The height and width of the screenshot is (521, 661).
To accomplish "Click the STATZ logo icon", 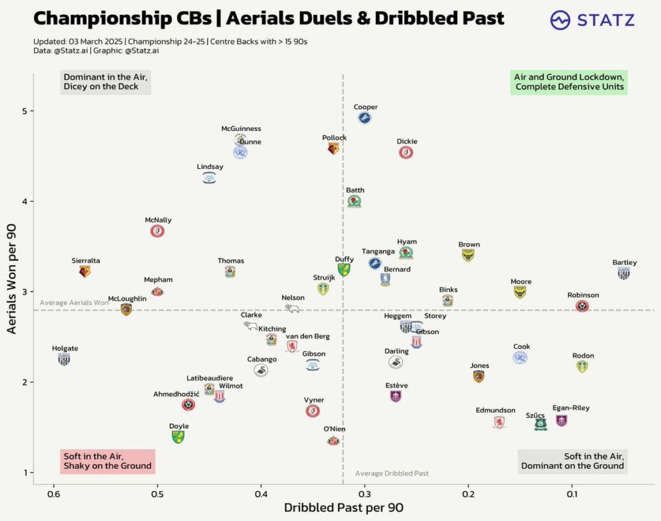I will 560,20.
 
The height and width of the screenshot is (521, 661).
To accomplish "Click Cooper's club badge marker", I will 365,118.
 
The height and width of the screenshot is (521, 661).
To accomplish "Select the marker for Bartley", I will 624,273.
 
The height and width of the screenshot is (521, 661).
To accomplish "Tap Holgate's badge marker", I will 64,359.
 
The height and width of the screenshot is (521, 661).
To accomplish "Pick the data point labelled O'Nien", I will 333,440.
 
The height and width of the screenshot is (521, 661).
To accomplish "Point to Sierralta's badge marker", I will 85,271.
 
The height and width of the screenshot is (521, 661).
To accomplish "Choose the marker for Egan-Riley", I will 562,420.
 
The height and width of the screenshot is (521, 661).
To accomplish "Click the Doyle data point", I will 178,437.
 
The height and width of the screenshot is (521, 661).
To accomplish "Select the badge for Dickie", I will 406,153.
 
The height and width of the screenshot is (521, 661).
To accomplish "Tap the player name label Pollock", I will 334,138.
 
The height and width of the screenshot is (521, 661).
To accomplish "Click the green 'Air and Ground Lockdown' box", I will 569,82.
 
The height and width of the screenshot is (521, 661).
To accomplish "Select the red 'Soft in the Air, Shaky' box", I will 108,461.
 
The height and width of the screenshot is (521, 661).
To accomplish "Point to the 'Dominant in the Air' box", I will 105,82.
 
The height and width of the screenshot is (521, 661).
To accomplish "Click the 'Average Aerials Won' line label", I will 74,302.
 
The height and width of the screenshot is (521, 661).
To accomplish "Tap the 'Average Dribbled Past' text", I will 392,473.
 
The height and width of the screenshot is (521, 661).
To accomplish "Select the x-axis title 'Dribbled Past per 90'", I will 343,508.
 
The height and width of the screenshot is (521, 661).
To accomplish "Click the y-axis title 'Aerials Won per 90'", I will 11,278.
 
